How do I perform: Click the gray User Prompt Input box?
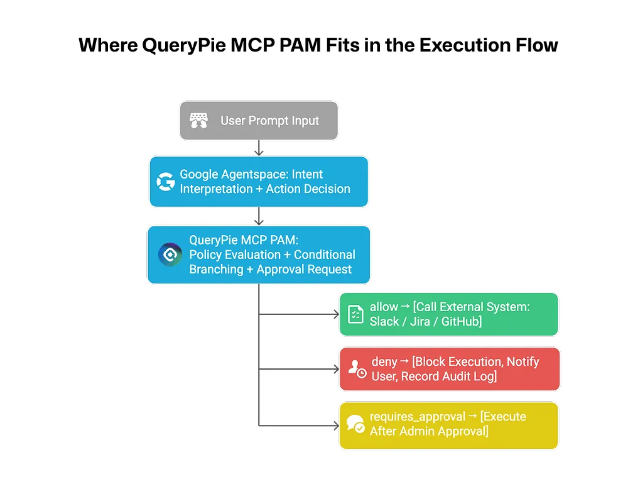click(259, 121)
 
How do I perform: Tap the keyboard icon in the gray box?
click(198, 121)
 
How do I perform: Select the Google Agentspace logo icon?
click(166, 182)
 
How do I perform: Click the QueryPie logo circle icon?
click(170, 255)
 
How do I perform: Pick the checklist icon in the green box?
click(355, 314)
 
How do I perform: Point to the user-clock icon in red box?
click(357, 369)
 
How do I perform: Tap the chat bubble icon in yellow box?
click(355, 424)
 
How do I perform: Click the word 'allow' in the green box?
click(384, 307)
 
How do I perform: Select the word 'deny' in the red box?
click(384, 362)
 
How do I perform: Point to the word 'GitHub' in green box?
click(462, 321)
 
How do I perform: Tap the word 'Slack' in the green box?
click(384, 321)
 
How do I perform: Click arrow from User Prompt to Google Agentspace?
click(259, 148)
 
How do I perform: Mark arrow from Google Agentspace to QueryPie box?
click(259, 217)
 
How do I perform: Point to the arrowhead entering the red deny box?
click(335, 369)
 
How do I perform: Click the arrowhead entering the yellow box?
click(335, 426)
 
